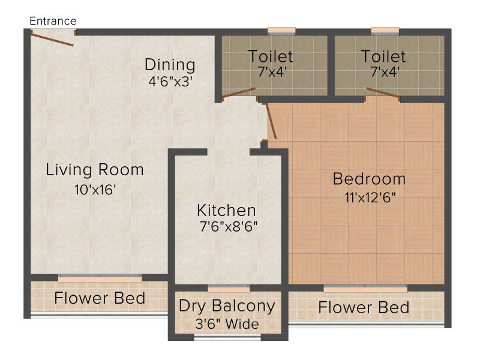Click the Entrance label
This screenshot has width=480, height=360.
click(x=53, y=21)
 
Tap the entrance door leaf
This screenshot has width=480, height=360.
click(x=52, y=40)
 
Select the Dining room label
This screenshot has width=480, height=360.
click(x=170, y=65)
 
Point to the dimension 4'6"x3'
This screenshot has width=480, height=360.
click(x=170, y=82)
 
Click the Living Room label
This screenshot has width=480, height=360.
click(x=95, y=169)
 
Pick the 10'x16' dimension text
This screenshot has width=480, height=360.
click(x=95, y=190)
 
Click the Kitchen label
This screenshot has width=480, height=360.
click(x=226, y=211)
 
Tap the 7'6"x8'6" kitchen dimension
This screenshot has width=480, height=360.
click(x=229, y=227)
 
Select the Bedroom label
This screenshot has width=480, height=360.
click(x=369, y=179)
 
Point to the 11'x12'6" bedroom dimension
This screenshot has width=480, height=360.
click(x=370, y=197)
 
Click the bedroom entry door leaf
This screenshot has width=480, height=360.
click(x=271, y=121)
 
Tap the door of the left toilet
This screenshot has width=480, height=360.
click(x=238, y=93)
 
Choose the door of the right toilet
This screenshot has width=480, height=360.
click(x=383, y=93)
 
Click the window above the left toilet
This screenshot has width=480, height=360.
click(x=281, y=31)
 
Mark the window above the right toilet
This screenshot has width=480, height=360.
click(x=385, y=31)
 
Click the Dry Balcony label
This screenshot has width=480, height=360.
click(x=227, y=306)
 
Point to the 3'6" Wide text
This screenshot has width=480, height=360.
click(x=227, y=324)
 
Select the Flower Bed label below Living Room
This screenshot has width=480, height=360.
click(x=100, y=298)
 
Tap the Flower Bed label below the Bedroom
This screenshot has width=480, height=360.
click(x=364, y=307)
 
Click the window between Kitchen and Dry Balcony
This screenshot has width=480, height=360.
click(x=229, y=289)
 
